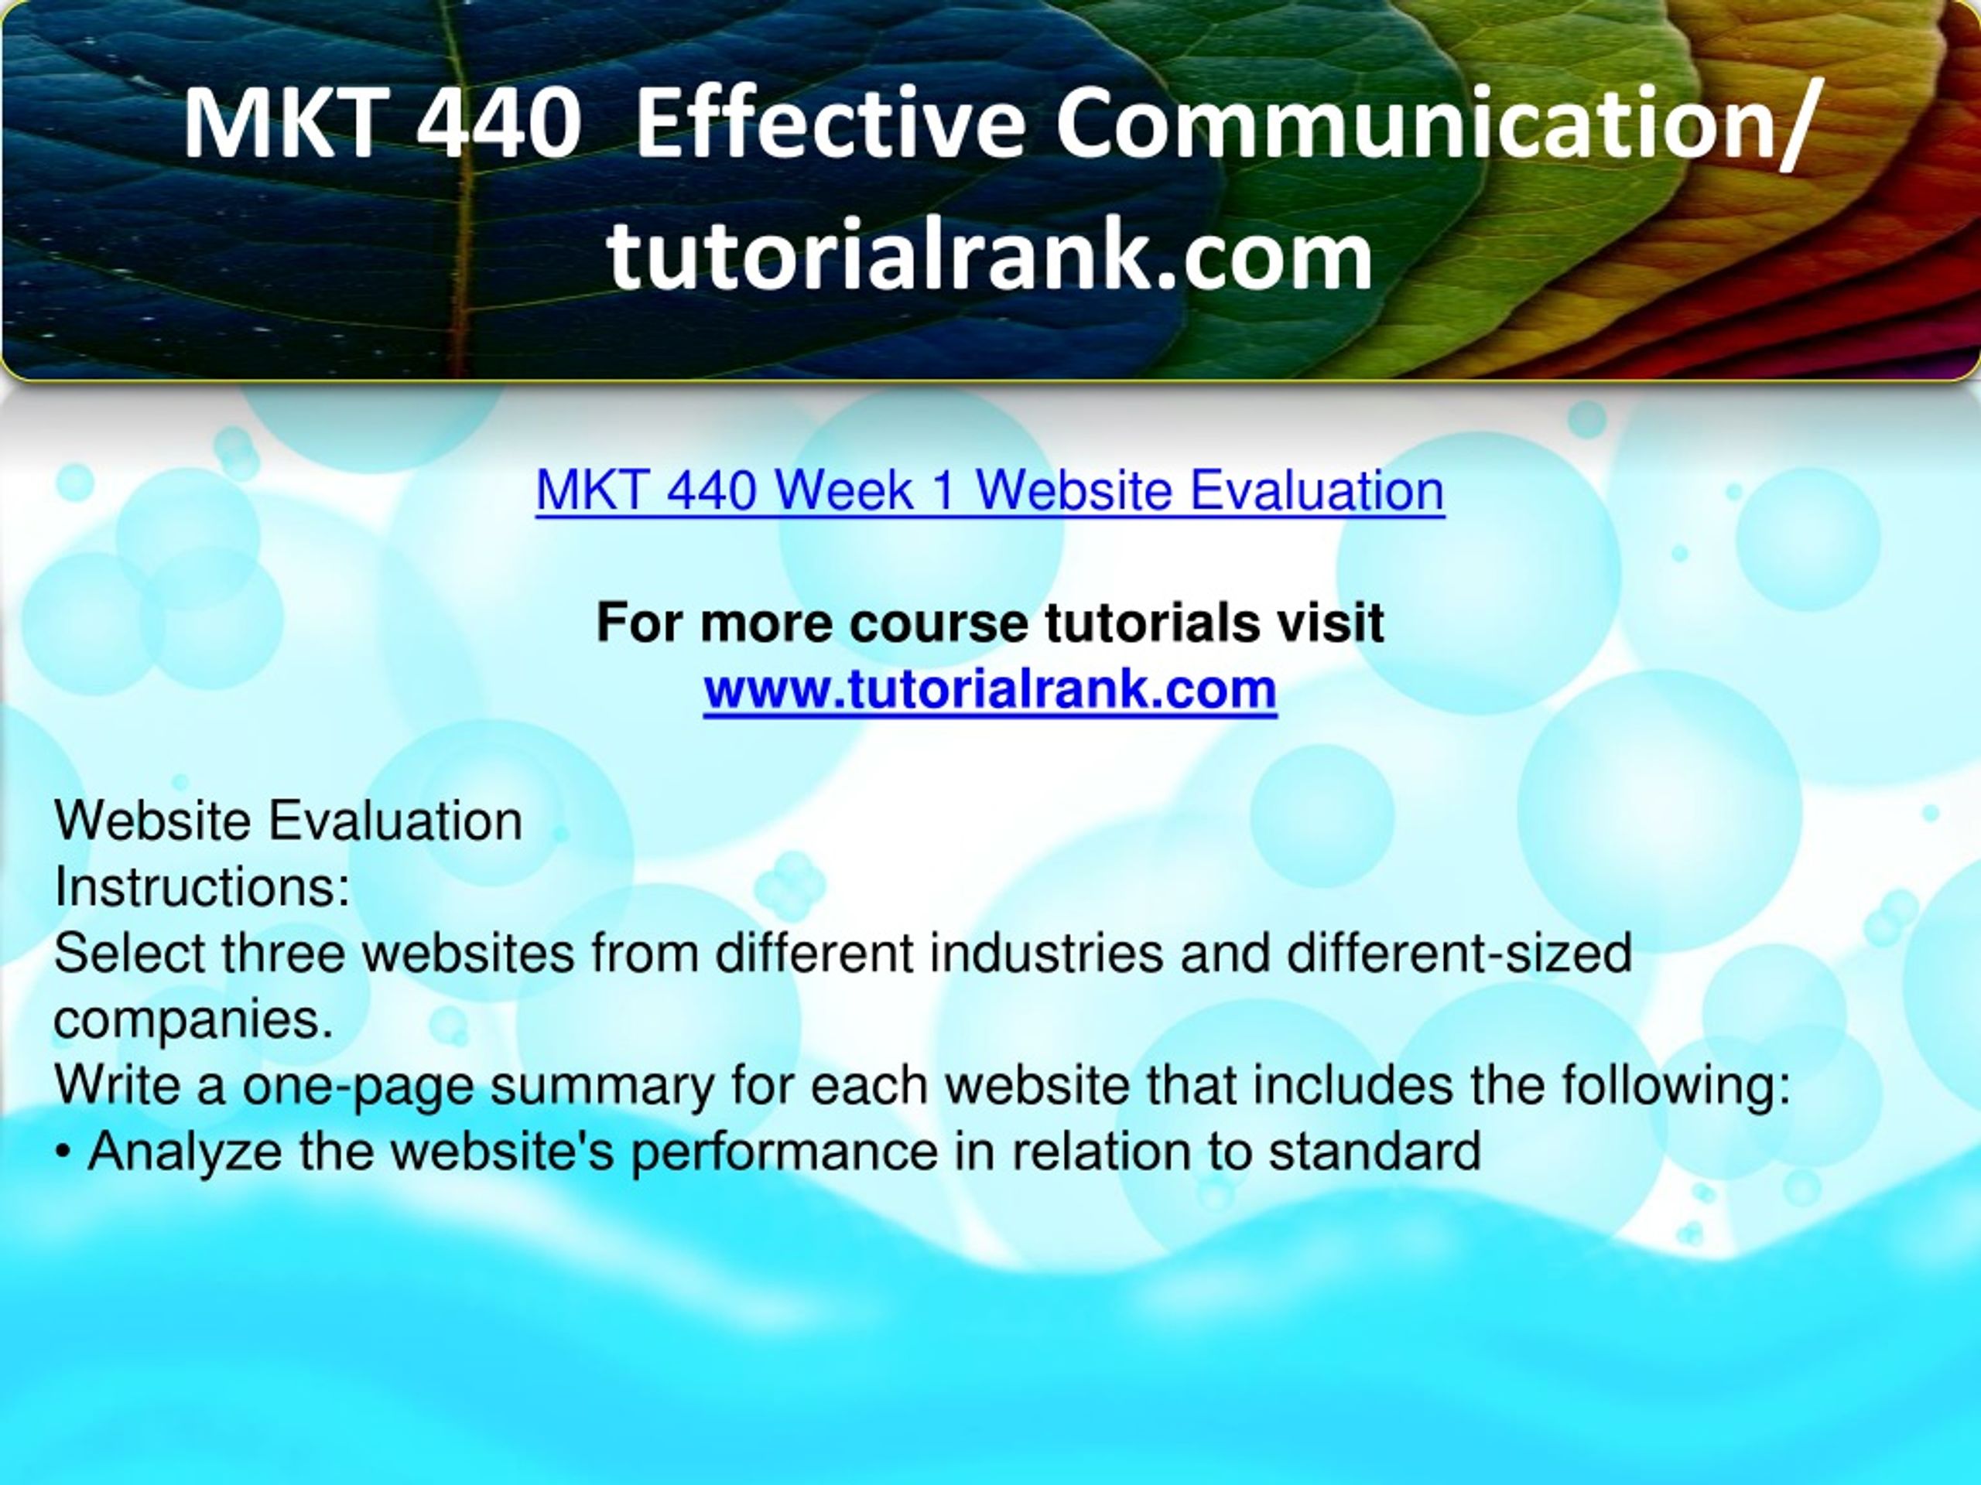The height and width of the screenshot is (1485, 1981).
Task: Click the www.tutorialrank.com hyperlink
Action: [x=990, y=689]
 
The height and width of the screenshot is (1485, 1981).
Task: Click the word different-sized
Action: [x=1459, y=954]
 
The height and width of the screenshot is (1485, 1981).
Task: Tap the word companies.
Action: [x=193, y=1019]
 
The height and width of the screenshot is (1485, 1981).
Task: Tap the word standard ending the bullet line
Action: [x=1374, y=1151]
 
